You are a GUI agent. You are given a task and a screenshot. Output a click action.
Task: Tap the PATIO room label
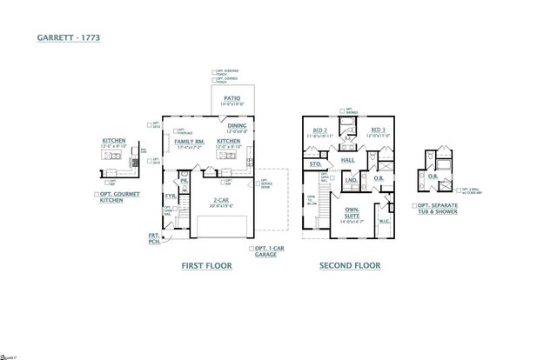[x=232, y=99]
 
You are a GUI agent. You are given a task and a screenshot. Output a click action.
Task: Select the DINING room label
[x=238, y=125]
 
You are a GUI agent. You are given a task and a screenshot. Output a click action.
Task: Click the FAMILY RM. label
[x=189, y=141]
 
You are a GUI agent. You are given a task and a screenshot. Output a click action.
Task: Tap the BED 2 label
[x=319, y=130]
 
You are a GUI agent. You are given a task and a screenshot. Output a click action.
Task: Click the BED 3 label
[x=378, y=130]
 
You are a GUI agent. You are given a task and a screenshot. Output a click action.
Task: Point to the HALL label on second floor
[x=347, y=160]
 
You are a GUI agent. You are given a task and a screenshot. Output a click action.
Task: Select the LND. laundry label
[x=351, y=181]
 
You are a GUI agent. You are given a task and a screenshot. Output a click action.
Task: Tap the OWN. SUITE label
[x=352, y=211]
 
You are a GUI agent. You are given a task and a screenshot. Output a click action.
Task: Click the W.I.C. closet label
[x=384, y=221]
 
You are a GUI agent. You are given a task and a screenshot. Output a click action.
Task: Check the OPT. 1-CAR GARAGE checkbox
[x=252, y=249]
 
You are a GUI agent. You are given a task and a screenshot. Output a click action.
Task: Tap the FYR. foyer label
[x=171, y=197]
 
